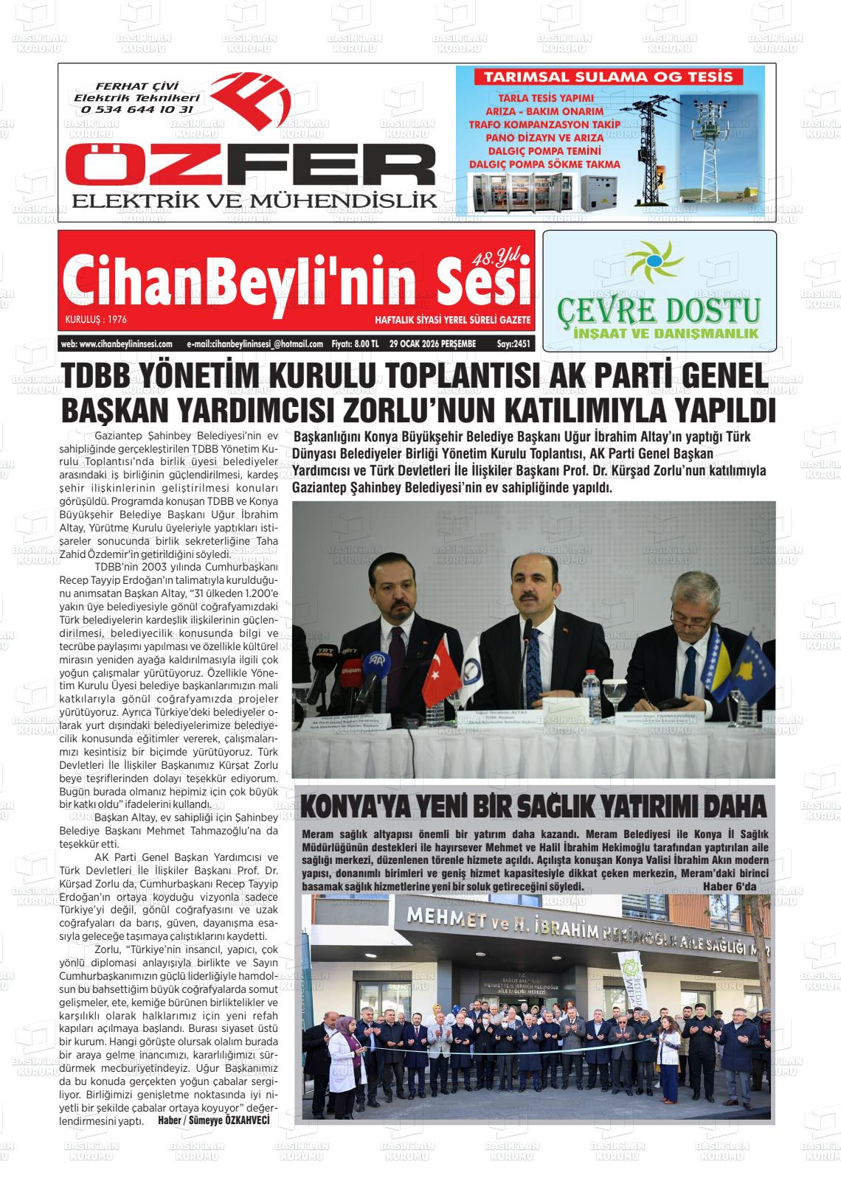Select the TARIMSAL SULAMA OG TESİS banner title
click(609, 77)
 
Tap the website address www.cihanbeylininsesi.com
click(117, 344)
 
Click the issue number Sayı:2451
click(513, 344)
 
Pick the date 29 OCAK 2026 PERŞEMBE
click(432, 344)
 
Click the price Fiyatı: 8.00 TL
click(355, 344)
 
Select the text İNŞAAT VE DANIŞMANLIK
click(666, 334)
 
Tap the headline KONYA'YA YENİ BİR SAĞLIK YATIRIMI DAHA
click(534, 807)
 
